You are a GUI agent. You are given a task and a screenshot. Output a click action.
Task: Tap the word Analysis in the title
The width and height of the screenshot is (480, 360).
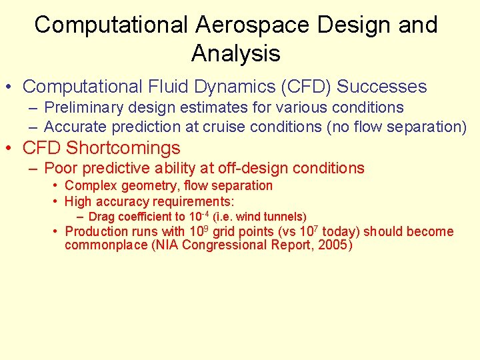click(x=236, y=53)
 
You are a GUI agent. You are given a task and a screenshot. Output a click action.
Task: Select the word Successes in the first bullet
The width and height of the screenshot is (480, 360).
click(x=381, y=87)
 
